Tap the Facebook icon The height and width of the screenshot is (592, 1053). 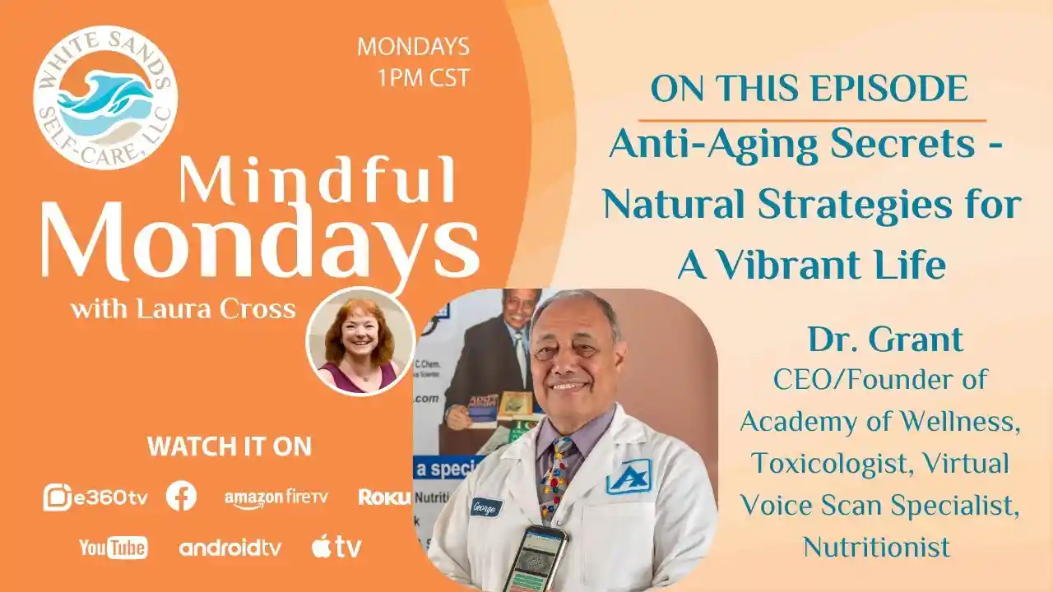coord(181,496)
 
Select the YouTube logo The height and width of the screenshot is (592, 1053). coord(114,547)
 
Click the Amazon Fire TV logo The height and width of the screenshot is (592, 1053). coord(276,497)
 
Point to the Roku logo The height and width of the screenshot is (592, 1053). coord(384,497)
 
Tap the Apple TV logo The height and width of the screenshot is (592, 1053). coord(336,547)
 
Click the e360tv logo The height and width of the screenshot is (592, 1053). coord(95,497)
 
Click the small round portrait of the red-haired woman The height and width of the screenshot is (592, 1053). coord(360,341)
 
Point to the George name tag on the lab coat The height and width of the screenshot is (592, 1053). coord(486,507)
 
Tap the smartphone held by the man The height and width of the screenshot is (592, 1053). coord(535,557)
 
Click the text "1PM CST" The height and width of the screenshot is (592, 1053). coord(423,77)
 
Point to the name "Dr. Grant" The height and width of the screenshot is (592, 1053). coord(885,339)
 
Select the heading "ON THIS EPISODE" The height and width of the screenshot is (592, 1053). coord(809,89)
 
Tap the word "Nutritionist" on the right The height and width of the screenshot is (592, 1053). coord(877,546)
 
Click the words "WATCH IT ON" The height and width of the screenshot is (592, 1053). coord(229,446)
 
